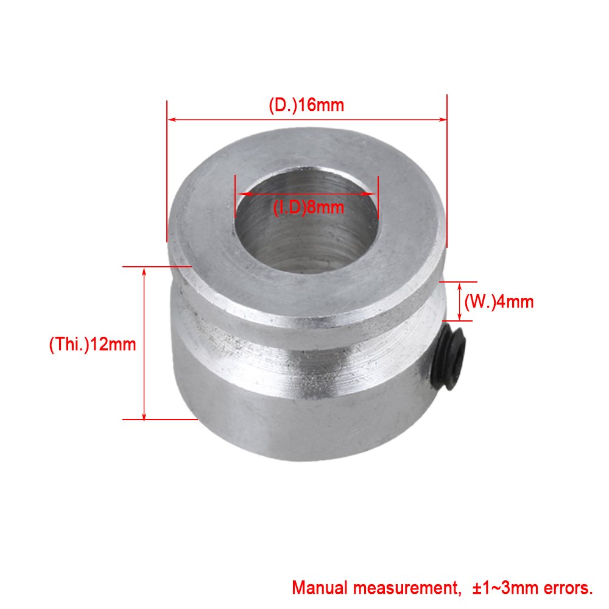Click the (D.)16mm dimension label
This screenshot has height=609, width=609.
pos(306,105)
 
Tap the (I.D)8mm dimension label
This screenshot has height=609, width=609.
pos(308,207)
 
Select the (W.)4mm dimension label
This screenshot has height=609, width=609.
pos(499,301)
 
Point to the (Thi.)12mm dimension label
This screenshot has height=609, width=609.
pos(92,344)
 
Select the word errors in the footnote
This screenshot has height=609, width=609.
pos(565,588)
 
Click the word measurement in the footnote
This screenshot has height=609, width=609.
pos(408,588)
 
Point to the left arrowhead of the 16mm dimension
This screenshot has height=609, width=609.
pos(171,119)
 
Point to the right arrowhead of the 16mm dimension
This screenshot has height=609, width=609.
pos(443,119)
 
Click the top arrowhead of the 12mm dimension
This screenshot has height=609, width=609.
pos(144,271)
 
